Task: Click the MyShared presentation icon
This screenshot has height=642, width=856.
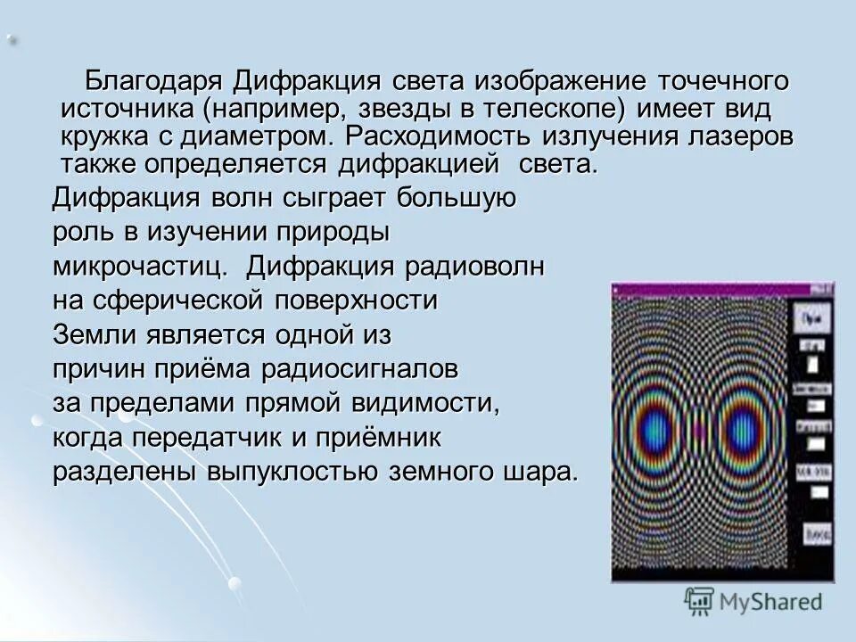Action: pyautogui.click(x=700, y=602)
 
